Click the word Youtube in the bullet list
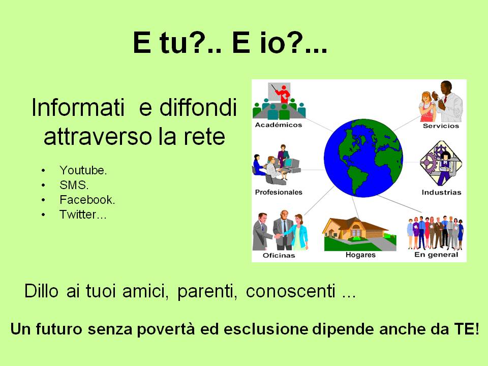coord(83,170)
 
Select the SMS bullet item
coord(74,185)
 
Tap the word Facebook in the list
coord(87,200)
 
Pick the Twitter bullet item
coord(83,215)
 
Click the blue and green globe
coord(363,158)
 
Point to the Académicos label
coord(279,125)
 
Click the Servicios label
coord(441,126)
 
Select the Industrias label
coord(441,192)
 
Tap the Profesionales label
coord(279,192)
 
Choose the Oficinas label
coord(279,255)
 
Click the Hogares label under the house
coord(360,255)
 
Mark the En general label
coord(436,255)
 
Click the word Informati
coord(78,107)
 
